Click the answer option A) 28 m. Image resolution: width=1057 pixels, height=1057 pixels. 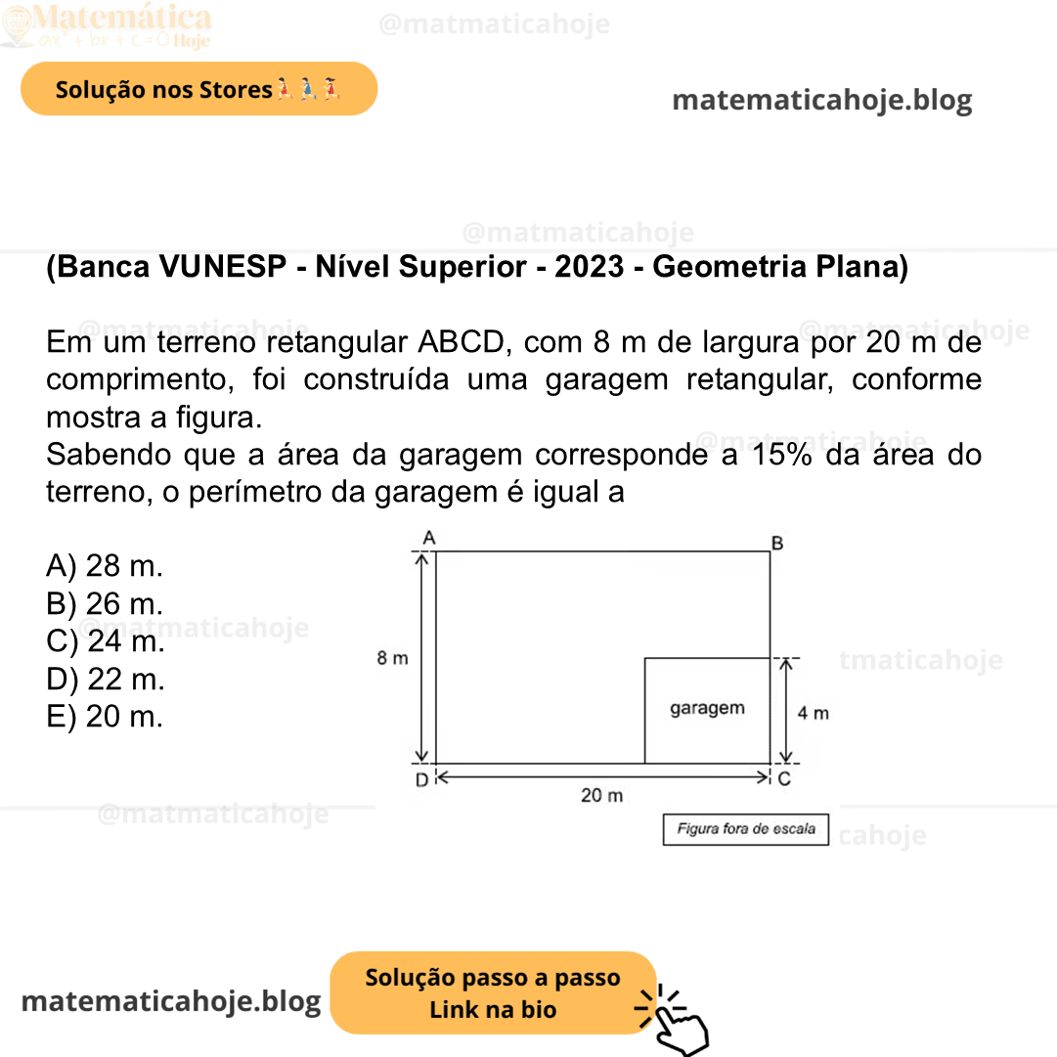[105, 566]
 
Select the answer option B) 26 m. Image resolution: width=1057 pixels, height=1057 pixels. [105, 604]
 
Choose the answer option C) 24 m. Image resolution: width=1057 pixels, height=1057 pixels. [106, 641]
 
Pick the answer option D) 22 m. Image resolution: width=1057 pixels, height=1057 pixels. [106, 679]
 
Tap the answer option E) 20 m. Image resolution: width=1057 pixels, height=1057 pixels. [105, 717]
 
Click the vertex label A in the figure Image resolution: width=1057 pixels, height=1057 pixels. [428, 537]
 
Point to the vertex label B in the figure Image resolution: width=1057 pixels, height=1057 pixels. [777, 543]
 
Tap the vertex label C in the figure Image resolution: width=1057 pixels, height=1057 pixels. [783, 779]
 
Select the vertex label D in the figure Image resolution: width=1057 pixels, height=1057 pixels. [420, 780]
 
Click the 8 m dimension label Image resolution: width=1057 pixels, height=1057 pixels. [393, 658]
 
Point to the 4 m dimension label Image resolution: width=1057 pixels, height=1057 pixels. [813, 713]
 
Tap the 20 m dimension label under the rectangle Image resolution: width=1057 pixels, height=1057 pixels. [601, 796]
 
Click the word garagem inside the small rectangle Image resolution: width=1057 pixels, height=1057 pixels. [707, 708]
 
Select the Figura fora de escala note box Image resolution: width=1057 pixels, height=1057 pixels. [746, 829]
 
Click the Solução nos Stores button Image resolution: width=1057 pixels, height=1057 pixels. [198, 89]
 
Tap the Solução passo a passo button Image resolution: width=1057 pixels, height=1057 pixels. [493, 992]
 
